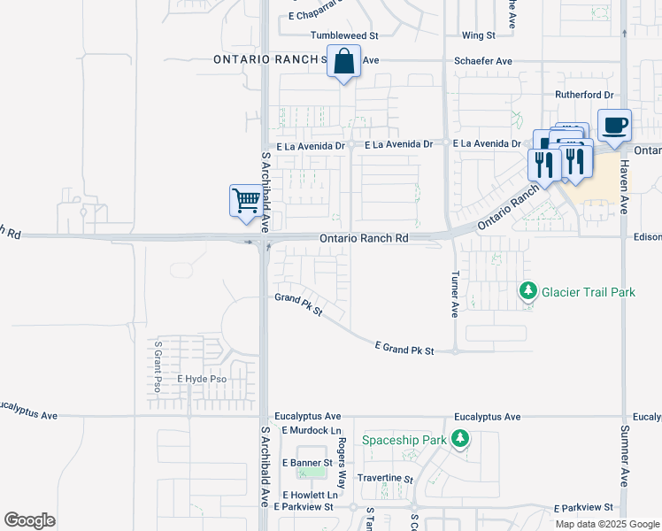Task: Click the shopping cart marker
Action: tap(245, 199)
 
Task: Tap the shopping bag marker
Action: tap(343, 62)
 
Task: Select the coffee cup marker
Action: tap(613, 125)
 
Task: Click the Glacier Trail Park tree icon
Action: tap(528, 290)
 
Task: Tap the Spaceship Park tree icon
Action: tap(459, 439)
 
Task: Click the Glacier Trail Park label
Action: tap(589, 292)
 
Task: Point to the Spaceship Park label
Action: tap(404, 439)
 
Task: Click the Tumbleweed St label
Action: tap(344, 35)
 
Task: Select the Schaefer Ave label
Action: tap(483, 61)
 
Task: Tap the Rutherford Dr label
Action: tap(584, 95)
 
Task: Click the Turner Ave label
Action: tap(455, 294)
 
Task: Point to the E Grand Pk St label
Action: tap(404, 350)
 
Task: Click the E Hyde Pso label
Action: tap(202, 379)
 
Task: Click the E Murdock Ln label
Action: tap(309, 430)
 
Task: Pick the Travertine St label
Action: tap(385, 478)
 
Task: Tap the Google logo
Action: tap(29, 520)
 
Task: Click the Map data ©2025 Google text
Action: tap(607, 524)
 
